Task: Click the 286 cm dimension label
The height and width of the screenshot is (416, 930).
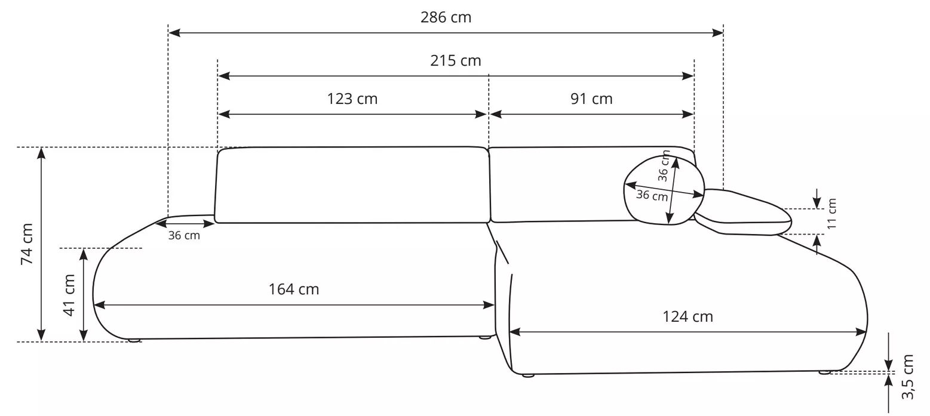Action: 446,17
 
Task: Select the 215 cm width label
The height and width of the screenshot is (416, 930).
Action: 456,61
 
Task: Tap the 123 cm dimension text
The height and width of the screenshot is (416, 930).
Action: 352,99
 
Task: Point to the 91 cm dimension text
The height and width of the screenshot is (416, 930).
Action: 591,99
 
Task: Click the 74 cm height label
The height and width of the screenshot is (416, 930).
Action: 27,244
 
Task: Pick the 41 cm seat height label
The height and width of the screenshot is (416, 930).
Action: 69,295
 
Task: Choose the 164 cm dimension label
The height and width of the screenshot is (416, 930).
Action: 293,289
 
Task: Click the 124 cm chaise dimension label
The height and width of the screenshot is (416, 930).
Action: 687,317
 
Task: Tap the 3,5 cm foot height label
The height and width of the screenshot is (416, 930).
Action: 907,377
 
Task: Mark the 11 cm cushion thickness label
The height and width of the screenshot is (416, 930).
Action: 831,214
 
